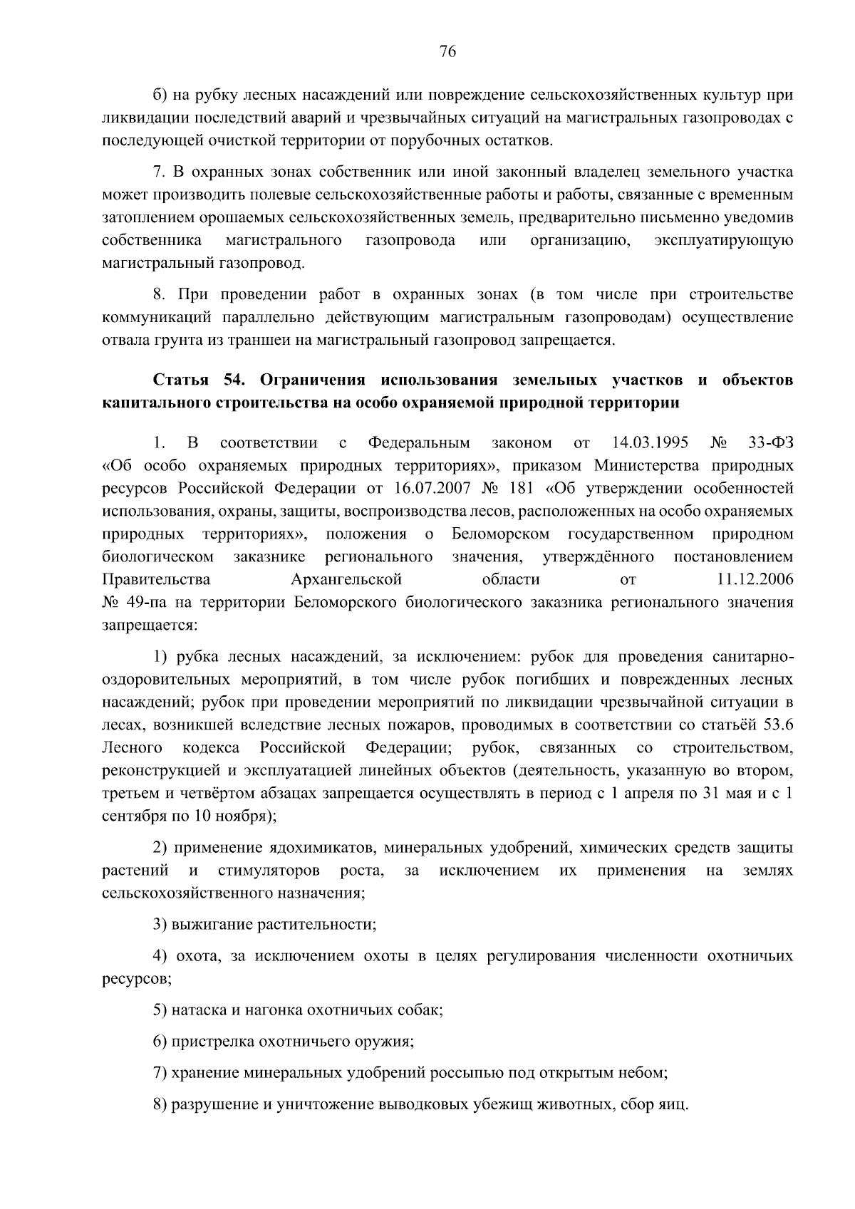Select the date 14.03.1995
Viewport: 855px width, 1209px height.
pos(650,443)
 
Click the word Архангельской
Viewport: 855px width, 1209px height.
pos(346,579)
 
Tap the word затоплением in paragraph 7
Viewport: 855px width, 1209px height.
pos(147,217)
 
